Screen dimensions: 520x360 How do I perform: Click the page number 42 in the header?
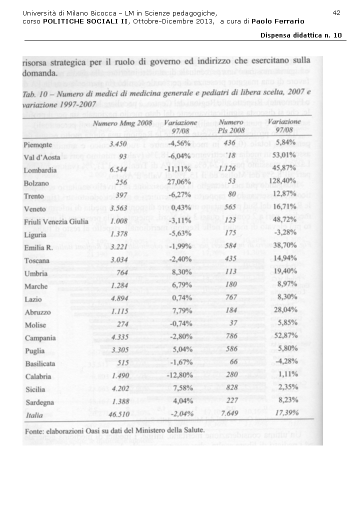pyautogui.click(x=336, y=12)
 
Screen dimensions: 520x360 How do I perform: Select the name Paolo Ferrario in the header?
pyautogui.click(x=278, y=21)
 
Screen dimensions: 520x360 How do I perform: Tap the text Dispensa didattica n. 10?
pyautogui.click(x=301, y=35)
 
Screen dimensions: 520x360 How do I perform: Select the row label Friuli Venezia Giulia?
pyautogui.click(x=55, y=221)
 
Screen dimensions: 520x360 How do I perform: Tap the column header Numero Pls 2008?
pyautogui.click(x=230, y=126)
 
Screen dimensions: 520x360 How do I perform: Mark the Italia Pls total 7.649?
pyautogui.click(x=231, y=413)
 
